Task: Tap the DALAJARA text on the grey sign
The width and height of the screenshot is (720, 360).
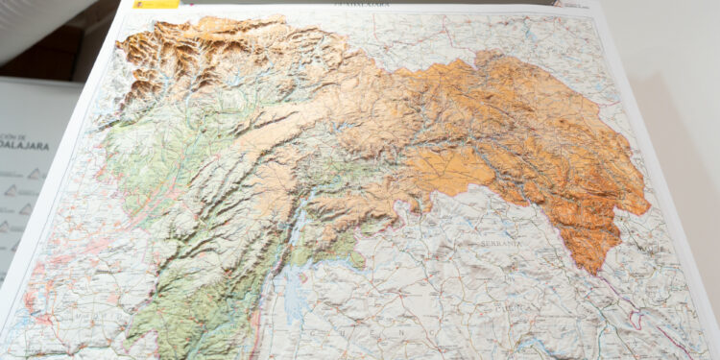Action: [23, 150]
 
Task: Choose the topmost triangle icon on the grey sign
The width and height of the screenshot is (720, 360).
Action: [36, 174]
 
